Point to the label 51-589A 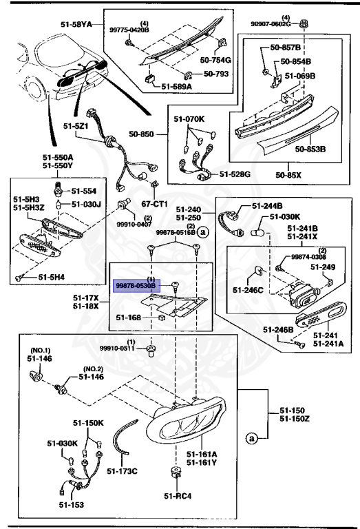click(x=177, y=87)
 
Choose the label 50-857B click(x=286, y=49)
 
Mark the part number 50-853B click(x=310, y=148)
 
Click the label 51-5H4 click(x=52, y=277)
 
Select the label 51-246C click(x=247, y=290)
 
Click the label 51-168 click(x=129, y=318)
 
